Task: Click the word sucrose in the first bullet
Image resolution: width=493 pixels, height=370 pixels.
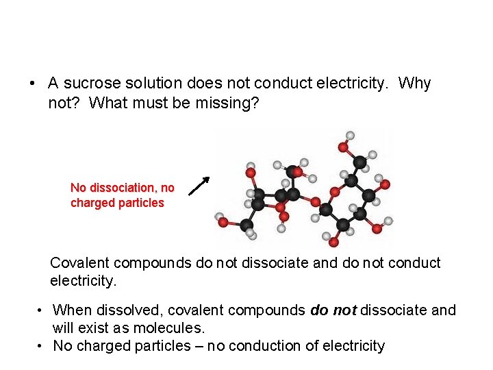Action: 88,84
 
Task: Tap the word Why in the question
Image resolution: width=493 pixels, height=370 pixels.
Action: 414,84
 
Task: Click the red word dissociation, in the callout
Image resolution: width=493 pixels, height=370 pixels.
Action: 119,188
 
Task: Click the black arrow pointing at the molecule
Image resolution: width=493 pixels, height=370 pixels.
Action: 199,186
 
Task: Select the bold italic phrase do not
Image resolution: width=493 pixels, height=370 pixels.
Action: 333,310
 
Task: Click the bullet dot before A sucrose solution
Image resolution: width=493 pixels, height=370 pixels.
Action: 32,84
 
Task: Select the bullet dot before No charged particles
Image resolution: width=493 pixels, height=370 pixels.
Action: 42,346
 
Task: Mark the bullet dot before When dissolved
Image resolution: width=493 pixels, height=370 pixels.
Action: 42,310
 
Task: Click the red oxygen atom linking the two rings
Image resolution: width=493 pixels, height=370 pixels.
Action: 316,202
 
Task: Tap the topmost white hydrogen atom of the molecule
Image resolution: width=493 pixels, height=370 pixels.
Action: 351,135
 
